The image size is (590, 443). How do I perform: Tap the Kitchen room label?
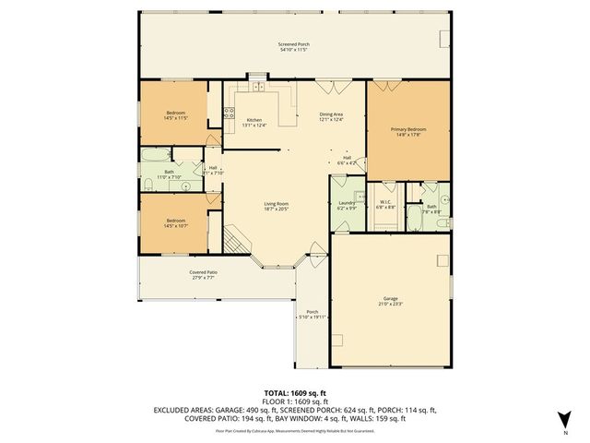254,122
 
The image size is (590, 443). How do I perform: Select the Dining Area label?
331,116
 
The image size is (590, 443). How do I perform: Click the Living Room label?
277,207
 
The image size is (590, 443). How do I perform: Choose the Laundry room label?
347,204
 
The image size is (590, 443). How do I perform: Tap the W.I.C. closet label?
385,204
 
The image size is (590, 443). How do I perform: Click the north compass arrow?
564,422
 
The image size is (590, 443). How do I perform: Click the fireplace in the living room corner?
238,242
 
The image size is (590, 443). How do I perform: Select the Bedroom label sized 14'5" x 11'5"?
175,116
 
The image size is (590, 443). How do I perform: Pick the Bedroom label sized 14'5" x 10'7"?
175,222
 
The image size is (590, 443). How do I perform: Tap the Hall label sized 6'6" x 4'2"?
347,161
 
